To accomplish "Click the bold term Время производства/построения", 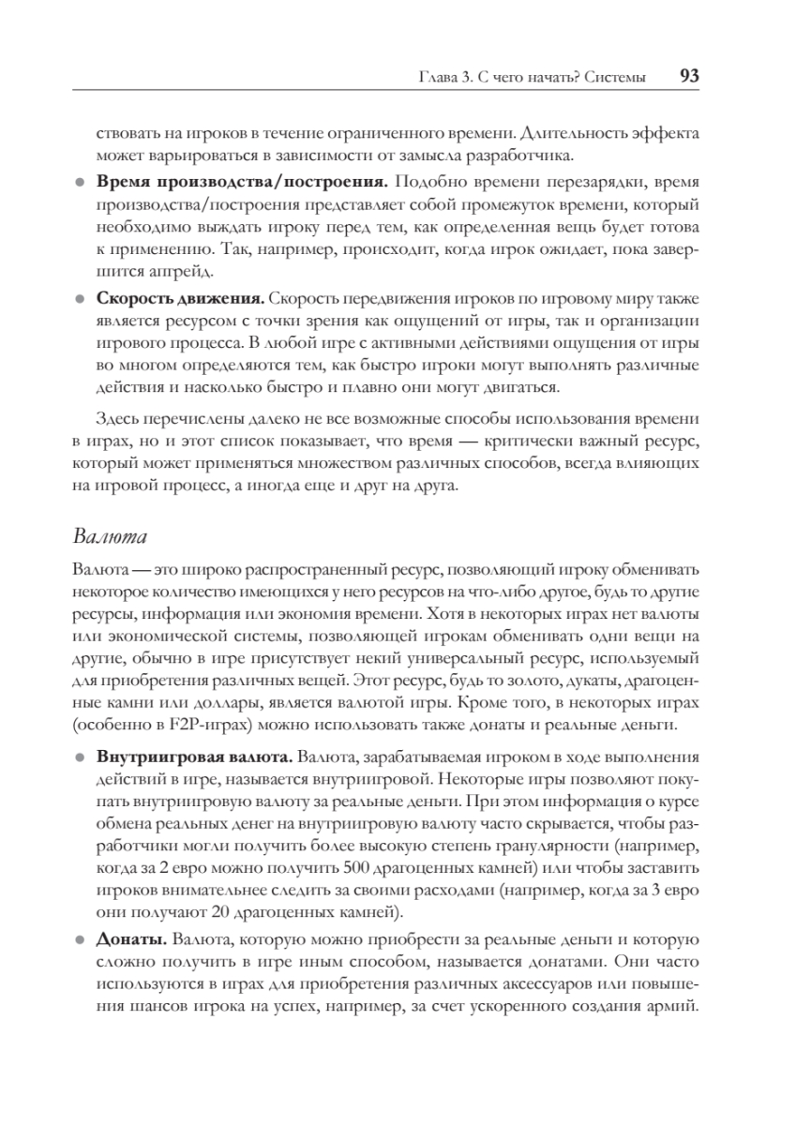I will tap(243, 181).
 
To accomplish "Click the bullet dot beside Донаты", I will tap(81, 939).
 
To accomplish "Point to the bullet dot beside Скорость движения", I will tap(81, 299).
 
